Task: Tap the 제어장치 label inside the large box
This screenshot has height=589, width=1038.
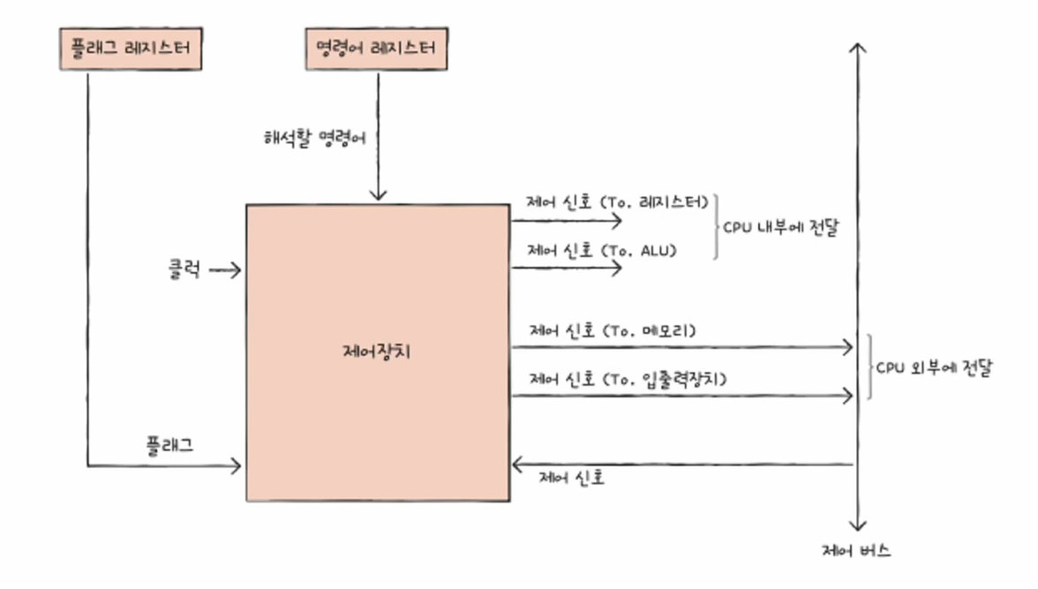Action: pos(376,351)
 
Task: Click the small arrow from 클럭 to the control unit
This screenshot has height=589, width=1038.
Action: pos(226,270)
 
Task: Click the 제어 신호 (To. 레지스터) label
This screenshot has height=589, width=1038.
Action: pos(618,202)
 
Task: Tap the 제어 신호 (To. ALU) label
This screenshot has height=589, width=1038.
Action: pos(602,251)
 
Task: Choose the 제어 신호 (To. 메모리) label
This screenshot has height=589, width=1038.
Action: pos(613,332)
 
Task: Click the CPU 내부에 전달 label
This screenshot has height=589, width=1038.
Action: pos(780,226)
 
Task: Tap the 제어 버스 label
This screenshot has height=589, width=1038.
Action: pos(855,551)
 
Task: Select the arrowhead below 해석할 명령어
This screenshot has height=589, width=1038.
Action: pos(378,195)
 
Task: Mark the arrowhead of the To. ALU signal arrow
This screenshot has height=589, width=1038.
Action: pos(618,267)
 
